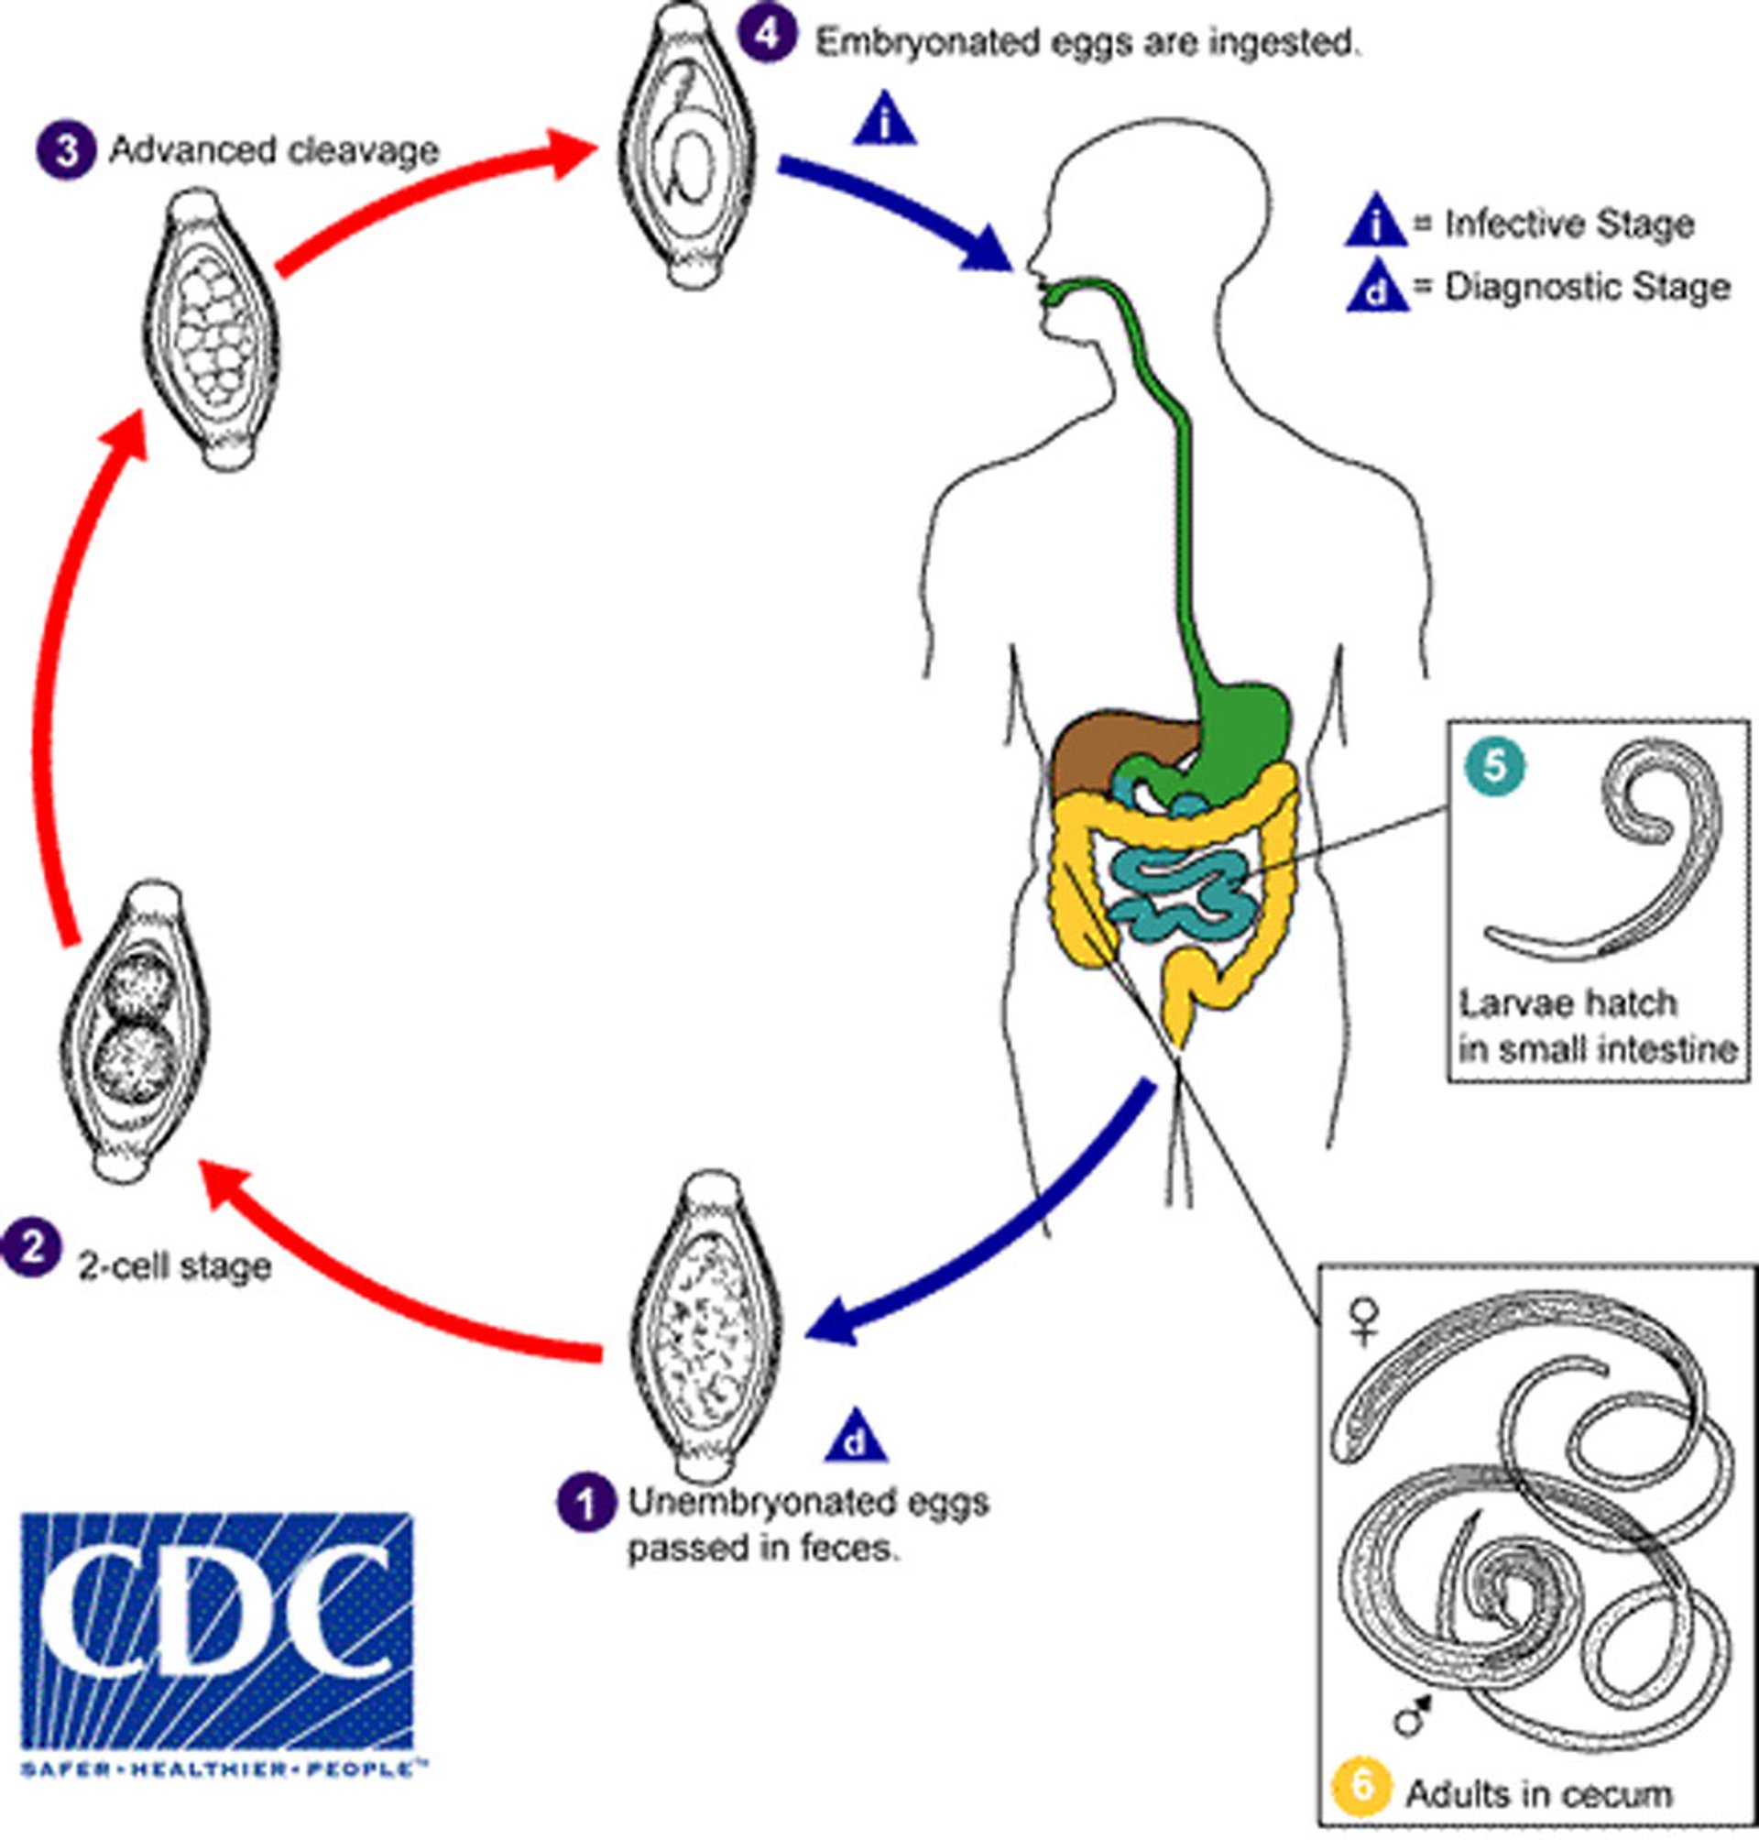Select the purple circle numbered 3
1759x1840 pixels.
66,150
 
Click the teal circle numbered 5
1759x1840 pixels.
1494,764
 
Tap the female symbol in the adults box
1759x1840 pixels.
1362,1321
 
